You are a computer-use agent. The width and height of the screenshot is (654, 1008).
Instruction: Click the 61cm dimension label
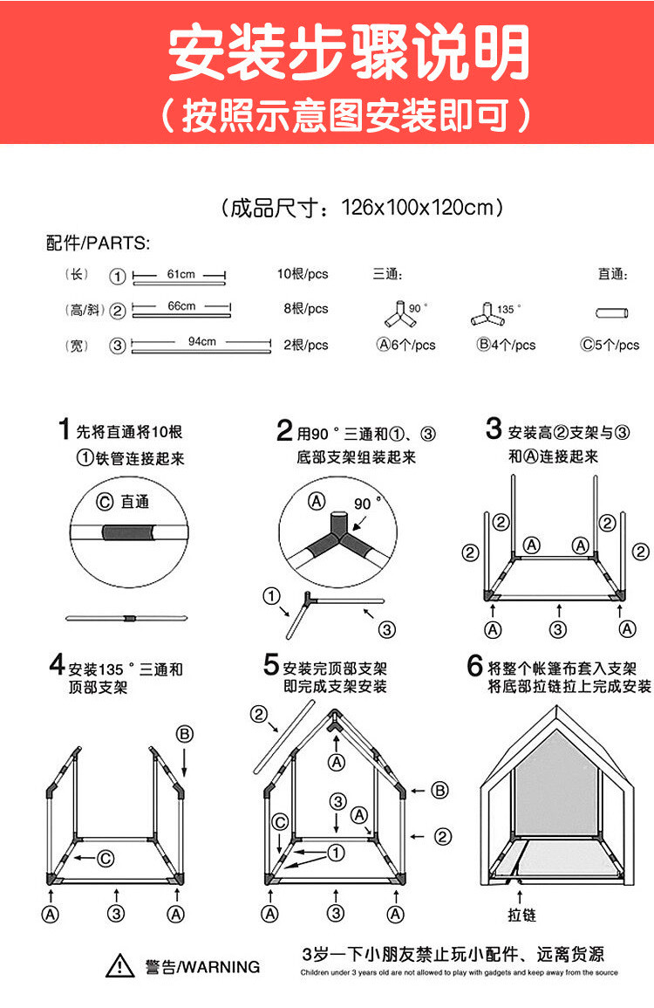pos(181,274)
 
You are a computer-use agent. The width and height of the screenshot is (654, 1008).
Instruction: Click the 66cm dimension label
pos(181,306)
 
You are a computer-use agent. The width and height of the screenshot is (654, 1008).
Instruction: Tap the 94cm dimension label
pos(201,341)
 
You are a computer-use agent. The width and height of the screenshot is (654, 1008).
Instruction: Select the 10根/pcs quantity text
pos(303,274)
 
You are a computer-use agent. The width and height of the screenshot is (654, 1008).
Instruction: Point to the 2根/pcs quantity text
pos(305,345)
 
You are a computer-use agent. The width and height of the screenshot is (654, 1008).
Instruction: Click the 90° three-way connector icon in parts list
pos(399,312)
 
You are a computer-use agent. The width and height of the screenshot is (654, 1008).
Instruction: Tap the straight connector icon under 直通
pos(612,312)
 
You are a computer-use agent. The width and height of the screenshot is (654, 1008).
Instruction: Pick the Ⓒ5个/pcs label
pos(610,345)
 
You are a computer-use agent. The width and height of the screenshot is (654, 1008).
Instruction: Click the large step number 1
pos(64,429)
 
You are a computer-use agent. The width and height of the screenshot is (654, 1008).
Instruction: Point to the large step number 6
pos(475,666)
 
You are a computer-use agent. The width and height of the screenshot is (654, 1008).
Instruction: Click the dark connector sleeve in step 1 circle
pos(129,531)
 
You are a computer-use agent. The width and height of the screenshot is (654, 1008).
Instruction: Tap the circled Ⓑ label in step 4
pos(184,733)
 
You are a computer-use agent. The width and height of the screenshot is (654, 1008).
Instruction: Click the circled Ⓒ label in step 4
pos(105,858)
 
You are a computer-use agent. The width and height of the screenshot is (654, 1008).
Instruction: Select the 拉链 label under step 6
pos(522,915)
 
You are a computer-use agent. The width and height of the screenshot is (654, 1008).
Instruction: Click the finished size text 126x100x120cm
pos(421,208)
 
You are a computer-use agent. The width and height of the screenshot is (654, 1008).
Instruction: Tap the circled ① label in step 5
pos(335,852)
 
